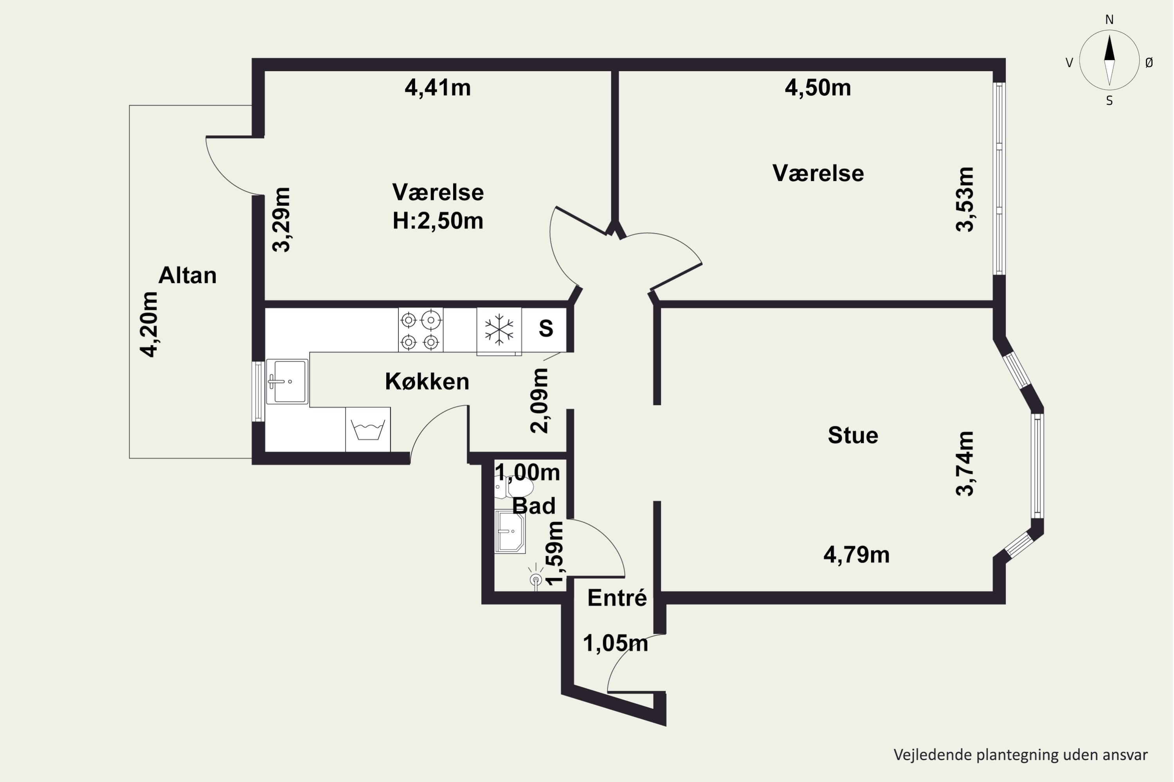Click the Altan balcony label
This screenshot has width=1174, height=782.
coord(188,275)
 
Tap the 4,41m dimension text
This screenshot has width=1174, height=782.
coord(438,88)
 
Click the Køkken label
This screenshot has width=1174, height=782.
coord(427,382)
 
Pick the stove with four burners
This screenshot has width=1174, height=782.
coord(420,330)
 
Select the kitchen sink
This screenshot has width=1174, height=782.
coord(286,382)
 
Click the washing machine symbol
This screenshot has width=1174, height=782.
coord(368,429)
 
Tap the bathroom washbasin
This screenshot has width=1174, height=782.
coord(510,532)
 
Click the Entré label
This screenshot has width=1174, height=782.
coord(617,598)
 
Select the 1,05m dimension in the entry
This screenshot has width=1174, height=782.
coord(616,643)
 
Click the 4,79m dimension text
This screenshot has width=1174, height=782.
coord(857,554)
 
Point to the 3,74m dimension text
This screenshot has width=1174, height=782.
coord(964,463)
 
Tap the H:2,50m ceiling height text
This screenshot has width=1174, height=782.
coord(438,221)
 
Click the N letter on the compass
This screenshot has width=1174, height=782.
coord(1109,20)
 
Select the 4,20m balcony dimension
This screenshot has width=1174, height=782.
coord(149,324)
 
